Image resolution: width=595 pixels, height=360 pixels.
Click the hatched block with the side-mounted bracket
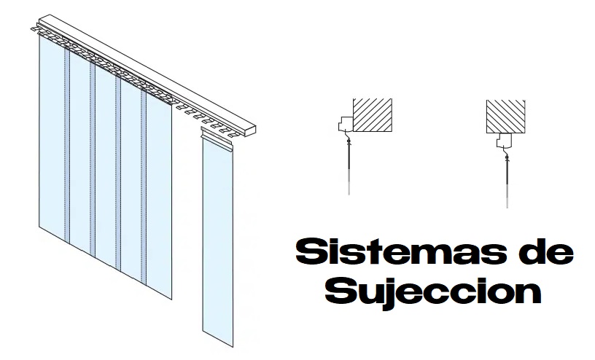pos(373,117)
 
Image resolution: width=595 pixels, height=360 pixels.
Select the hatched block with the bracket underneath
pos(507,117)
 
